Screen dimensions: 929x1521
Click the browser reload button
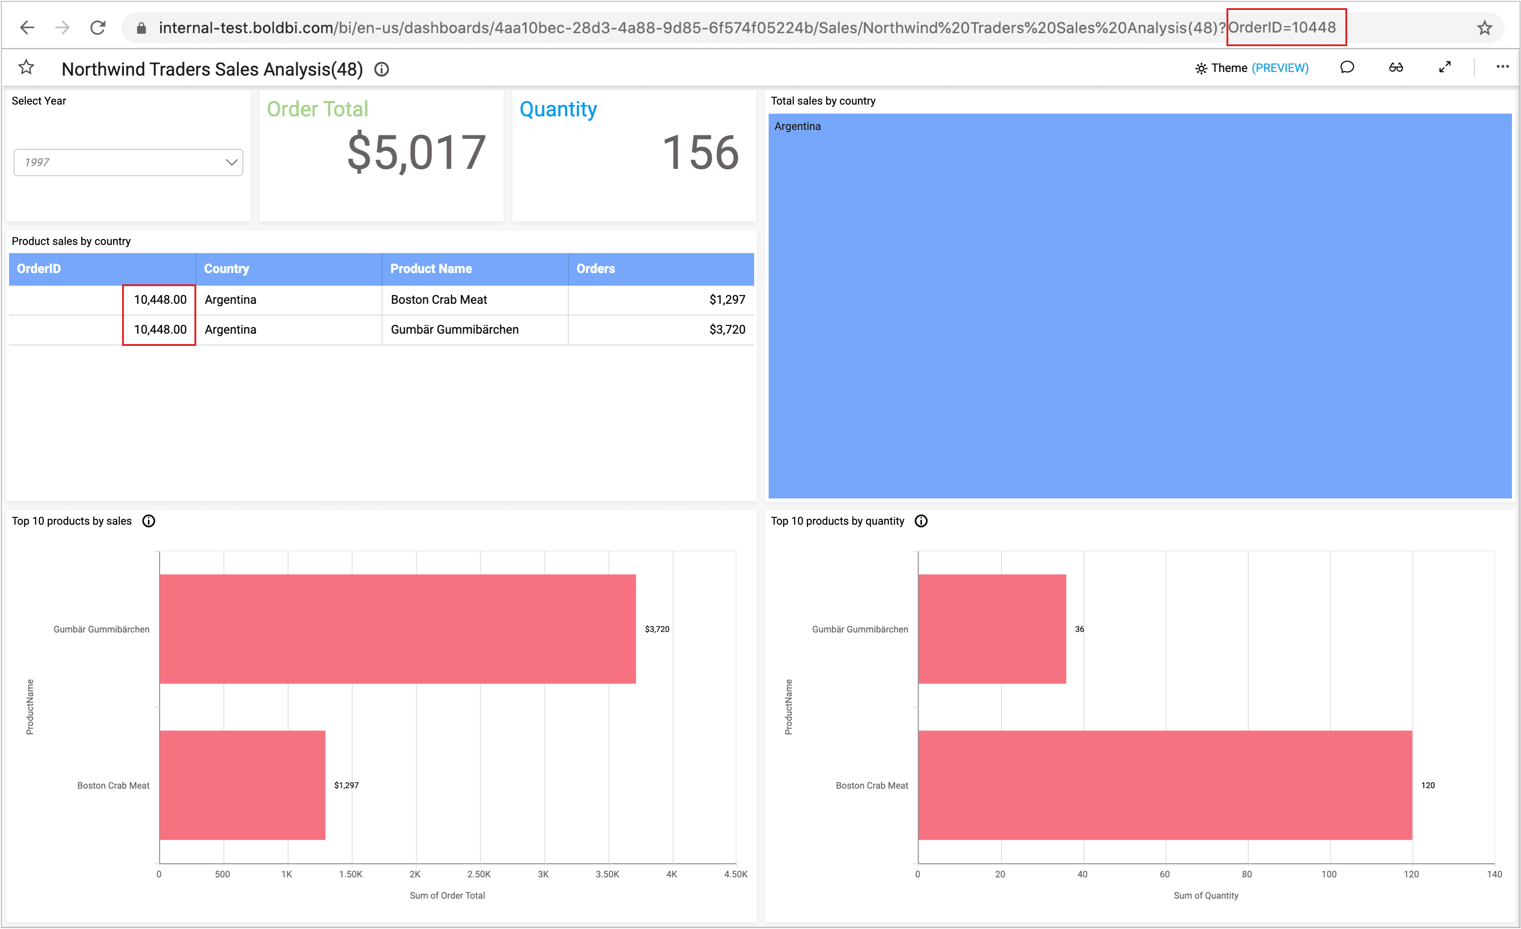[98, 28]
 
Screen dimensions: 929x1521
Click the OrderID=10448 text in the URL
[1282, 28]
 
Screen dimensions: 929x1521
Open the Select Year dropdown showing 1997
[128, 163]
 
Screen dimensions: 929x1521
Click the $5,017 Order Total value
[417, 153]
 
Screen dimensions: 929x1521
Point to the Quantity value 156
[700, 153]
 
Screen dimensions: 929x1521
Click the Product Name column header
[431, 268]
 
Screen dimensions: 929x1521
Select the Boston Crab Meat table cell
[439, 300]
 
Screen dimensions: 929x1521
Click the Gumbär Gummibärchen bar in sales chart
[398, 629]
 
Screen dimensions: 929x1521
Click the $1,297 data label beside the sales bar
[346, 785]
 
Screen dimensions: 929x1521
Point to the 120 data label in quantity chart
[1427, 785]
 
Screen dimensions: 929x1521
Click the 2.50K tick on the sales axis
[479, 875]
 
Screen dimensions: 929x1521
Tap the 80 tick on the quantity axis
[1246, 875]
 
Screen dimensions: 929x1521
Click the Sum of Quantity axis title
[1206, 895]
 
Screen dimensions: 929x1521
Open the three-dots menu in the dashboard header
[1502, 67]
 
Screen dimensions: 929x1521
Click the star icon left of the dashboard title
[26, 67]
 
